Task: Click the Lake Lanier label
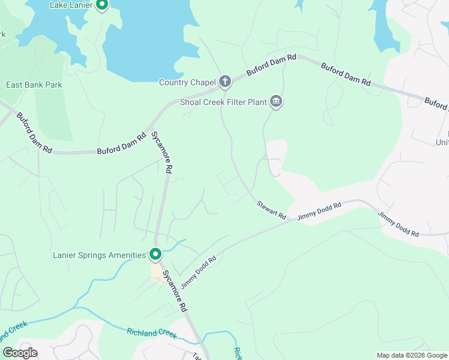71,5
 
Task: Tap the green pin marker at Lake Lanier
102,5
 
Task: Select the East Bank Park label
34,85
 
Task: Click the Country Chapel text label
187,82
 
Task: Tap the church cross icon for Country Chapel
225,81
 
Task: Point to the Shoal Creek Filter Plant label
223,102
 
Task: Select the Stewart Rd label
271,210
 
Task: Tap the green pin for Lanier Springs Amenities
155,254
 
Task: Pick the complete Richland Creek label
152,333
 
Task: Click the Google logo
20,353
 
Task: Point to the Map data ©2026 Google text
412,355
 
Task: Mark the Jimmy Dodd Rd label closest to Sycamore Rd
198,272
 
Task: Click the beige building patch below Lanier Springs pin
157,273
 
